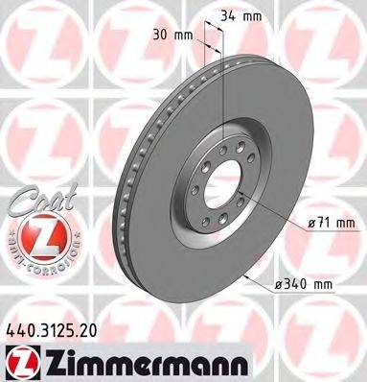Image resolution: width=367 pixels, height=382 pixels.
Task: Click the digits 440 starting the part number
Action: [20, 329]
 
